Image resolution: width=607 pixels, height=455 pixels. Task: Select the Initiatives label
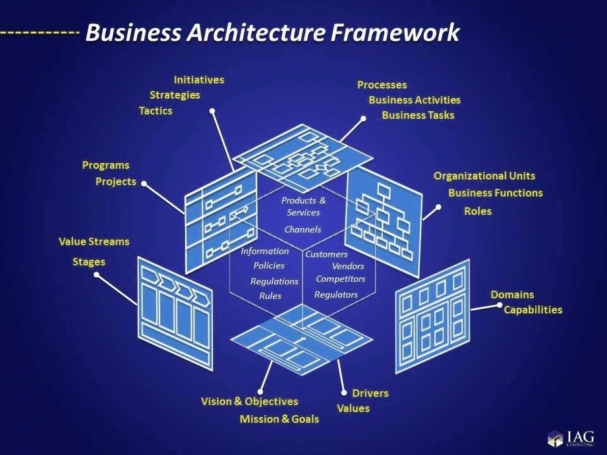click(198, 80)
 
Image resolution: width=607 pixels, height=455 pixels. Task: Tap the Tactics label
click(156, 111)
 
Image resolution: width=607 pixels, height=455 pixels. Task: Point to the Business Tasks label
click(418, 115)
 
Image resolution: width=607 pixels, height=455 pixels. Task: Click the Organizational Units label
click(484, 176)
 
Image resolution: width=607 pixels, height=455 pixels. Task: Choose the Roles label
click(477, 211)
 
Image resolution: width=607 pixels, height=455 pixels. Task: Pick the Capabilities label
click(533, 309)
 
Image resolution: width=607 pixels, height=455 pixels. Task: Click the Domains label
click(512, 294)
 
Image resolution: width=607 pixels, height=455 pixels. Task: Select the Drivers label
click(370, 393)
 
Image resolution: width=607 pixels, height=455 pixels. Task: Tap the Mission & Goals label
click(279, 419)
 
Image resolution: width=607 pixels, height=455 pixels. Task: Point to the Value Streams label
click(94, 242)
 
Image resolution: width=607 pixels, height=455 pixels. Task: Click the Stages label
click(88, 262)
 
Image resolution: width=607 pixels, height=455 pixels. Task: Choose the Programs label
click(105, 165)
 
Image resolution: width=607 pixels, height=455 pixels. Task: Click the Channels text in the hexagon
click(303, 230)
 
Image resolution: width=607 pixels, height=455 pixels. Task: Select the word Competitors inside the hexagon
click(340, 279)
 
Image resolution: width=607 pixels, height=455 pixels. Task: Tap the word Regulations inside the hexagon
click(274, 281)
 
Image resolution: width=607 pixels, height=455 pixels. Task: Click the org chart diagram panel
click(383, 217)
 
